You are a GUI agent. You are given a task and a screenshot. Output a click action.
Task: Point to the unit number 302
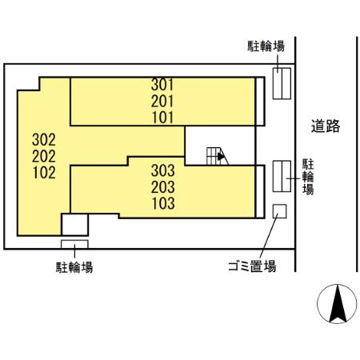[44, 139]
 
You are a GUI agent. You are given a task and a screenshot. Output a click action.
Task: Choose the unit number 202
[44, 154]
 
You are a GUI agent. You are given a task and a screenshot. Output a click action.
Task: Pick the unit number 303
[163, 170]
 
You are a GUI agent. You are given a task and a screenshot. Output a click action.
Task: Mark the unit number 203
[163, 186]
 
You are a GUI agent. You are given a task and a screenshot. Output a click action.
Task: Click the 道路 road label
[326, 126]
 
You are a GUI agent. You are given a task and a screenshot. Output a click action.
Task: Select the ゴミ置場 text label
[249, 266]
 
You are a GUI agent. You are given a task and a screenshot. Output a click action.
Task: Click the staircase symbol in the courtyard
[214, 155]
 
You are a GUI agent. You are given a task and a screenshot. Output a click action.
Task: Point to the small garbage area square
[279, 211]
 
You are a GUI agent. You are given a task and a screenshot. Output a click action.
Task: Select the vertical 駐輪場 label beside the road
[307, 176]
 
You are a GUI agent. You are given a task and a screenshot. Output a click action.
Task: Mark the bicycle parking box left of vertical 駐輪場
[281, 176]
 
